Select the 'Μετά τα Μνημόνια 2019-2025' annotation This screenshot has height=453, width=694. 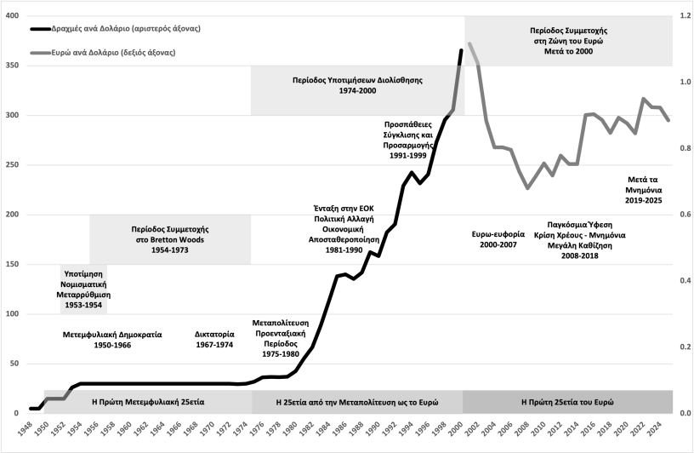click(x=644, y=190)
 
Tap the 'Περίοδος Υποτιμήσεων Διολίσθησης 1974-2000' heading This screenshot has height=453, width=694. click(x=358, y=85)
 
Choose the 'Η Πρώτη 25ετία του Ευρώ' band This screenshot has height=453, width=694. click(x=566, y=401)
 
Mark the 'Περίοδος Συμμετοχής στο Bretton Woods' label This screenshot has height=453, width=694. click(x=170, y=234)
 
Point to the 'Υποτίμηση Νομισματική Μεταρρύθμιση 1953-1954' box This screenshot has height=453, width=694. click(x=84, y=289)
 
